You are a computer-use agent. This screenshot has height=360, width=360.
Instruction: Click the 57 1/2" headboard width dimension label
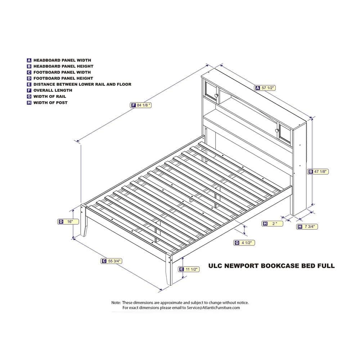pos(265,88)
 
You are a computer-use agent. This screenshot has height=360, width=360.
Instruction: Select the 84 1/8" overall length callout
pos(141,105)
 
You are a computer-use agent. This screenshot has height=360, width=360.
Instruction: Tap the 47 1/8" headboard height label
pos(318,171)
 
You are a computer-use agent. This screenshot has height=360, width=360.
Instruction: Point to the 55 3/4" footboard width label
pos(111,261)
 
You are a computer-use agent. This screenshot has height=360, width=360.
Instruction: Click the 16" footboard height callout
pos(68,221)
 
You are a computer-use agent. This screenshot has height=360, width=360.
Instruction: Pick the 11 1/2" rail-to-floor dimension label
pos(189,269)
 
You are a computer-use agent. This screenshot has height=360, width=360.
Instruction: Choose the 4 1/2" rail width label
pos(244,243)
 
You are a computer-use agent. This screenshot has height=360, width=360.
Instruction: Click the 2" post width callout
pos(272,224)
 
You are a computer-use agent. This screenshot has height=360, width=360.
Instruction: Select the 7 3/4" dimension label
pos(307,226)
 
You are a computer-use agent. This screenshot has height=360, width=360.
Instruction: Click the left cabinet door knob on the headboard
pos(216,95)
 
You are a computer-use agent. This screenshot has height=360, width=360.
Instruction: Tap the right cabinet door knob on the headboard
pos(277,131)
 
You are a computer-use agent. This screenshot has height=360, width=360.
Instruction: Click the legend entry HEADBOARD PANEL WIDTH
pos(59,60)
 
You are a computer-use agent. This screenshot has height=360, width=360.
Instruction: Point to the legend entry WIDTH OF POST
pos(47,103)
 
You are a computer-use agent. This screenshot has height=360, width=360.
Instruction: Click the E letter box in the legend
pos(29,85)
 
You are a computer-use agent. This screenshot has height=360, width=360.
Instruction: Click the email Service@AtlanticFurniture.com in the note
pos(213,308)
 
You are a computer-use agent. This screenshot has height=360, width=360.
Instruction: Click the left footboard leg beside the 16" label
pos(84,220)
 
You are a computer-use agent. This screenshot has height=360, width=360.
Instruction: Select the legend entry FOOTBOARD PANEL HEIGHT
pos(60,78)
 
